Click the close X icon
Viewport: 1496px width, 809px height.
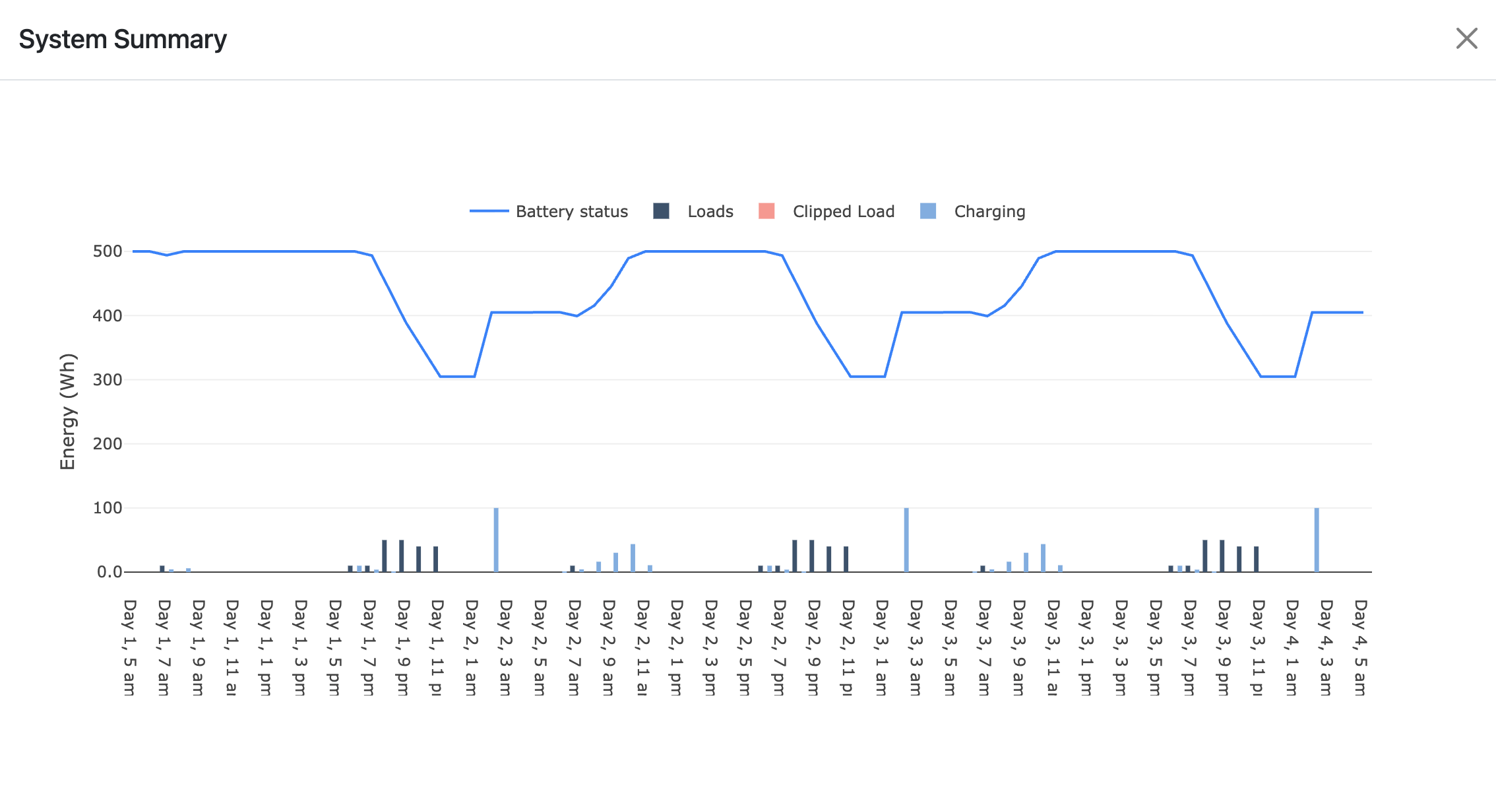tap(1466, 38)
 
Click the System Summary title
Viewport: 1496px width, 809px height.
tap(123, 40)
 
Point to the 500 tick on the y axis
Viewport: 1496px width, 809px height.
tap(108, 251)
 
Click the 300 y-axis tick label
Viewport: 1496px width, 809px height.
tap(108, 379)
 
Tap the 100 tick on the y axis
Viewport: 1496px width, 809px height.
tap(108, 508)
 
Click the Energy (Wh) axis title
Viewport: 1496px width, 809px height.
tap(68, 412)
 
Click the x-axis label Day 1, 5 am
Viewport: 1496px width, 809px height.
tap(130, 647)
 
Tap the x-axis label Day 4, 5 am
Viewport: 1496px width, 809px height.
tap(1360, 647)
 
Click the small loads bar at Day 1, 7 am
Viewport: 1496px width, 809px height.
tap(162, 569)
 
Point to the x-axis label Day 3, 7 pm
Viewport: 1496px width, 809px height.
tap(1189, 647)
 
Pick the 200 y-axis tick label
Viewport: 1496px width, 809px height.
tap(108, 444)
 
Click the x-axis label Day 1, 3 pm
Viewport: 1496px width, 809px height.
tap(301, 647)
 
